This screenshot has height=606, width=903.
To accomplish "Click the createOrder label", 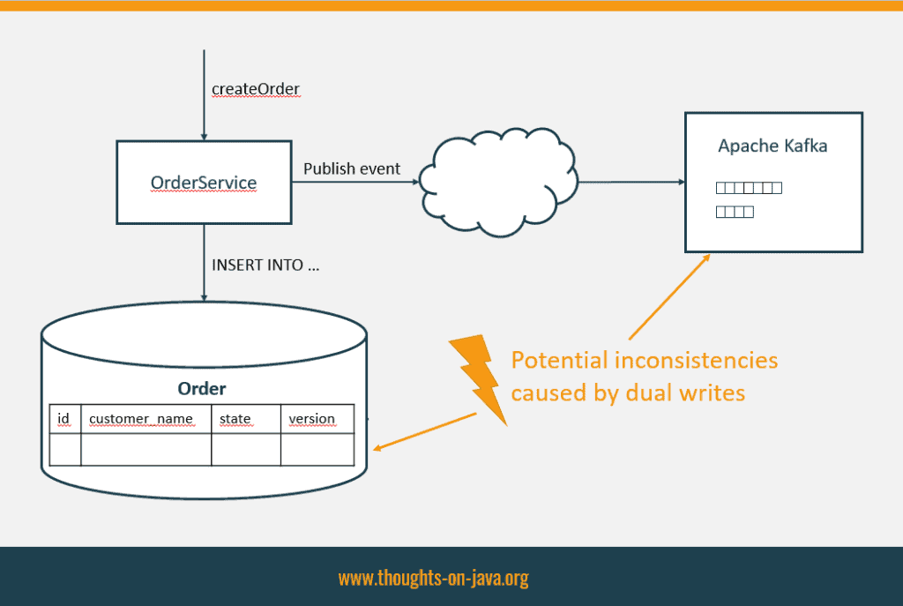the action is pyautogui.click(x=256, y=89).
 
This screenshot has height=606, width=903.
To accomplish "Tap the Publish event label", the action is pyautogui.click(x=351, y=168).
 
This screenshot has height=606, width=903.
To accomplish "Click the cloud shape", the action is pyautogui.click(x=499, y=182).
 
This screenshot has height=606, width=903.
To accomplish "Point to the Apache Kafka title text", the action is pyautogui.click(x=772, y=146).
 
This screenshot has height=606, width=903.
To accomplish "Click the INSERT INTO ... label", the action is pyautogui.click(x=265, y=265).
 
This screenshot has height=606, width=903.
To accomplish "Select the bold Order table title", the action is pyautogui.click(x=202, y=389).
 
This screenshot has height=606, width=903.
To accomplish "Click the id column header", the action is pyautogui.click(x=63, y=419).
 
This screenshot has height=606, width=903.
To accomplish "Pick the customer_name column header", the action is pyautogui.click(x=141, y=419).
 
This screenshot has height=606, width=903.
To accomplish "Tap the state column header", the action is pyautogui.click(x=235, y=419).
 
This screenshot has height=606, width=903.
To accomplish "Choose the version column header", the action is pyautogui.click(x=311, y=419).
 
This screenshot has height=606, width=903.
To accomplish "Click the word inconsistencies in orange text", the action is pyautogui.click(x=697, y=361).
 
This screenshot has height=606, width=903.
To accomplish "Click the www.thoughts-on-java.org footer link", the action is pyautogui.click(x=434, y=578).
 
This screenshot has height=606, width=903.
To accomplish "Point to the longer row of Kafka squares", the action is pyautogui.click(x=749, y=188).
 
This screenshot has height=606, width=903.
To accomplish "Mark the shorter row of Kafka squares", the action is pyautogui.click(x=735, y=212).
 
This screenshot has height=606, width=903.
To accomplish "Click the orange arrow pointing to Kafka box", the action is pyautogui.click(x=670, y=297).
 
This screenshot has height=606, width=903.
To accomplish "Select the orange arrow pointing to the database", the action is pyautogui.click(x=425, y=430).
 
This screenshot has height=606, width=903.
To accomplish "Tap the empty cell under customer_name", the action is pyautogui.click(x=146, y=449).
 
